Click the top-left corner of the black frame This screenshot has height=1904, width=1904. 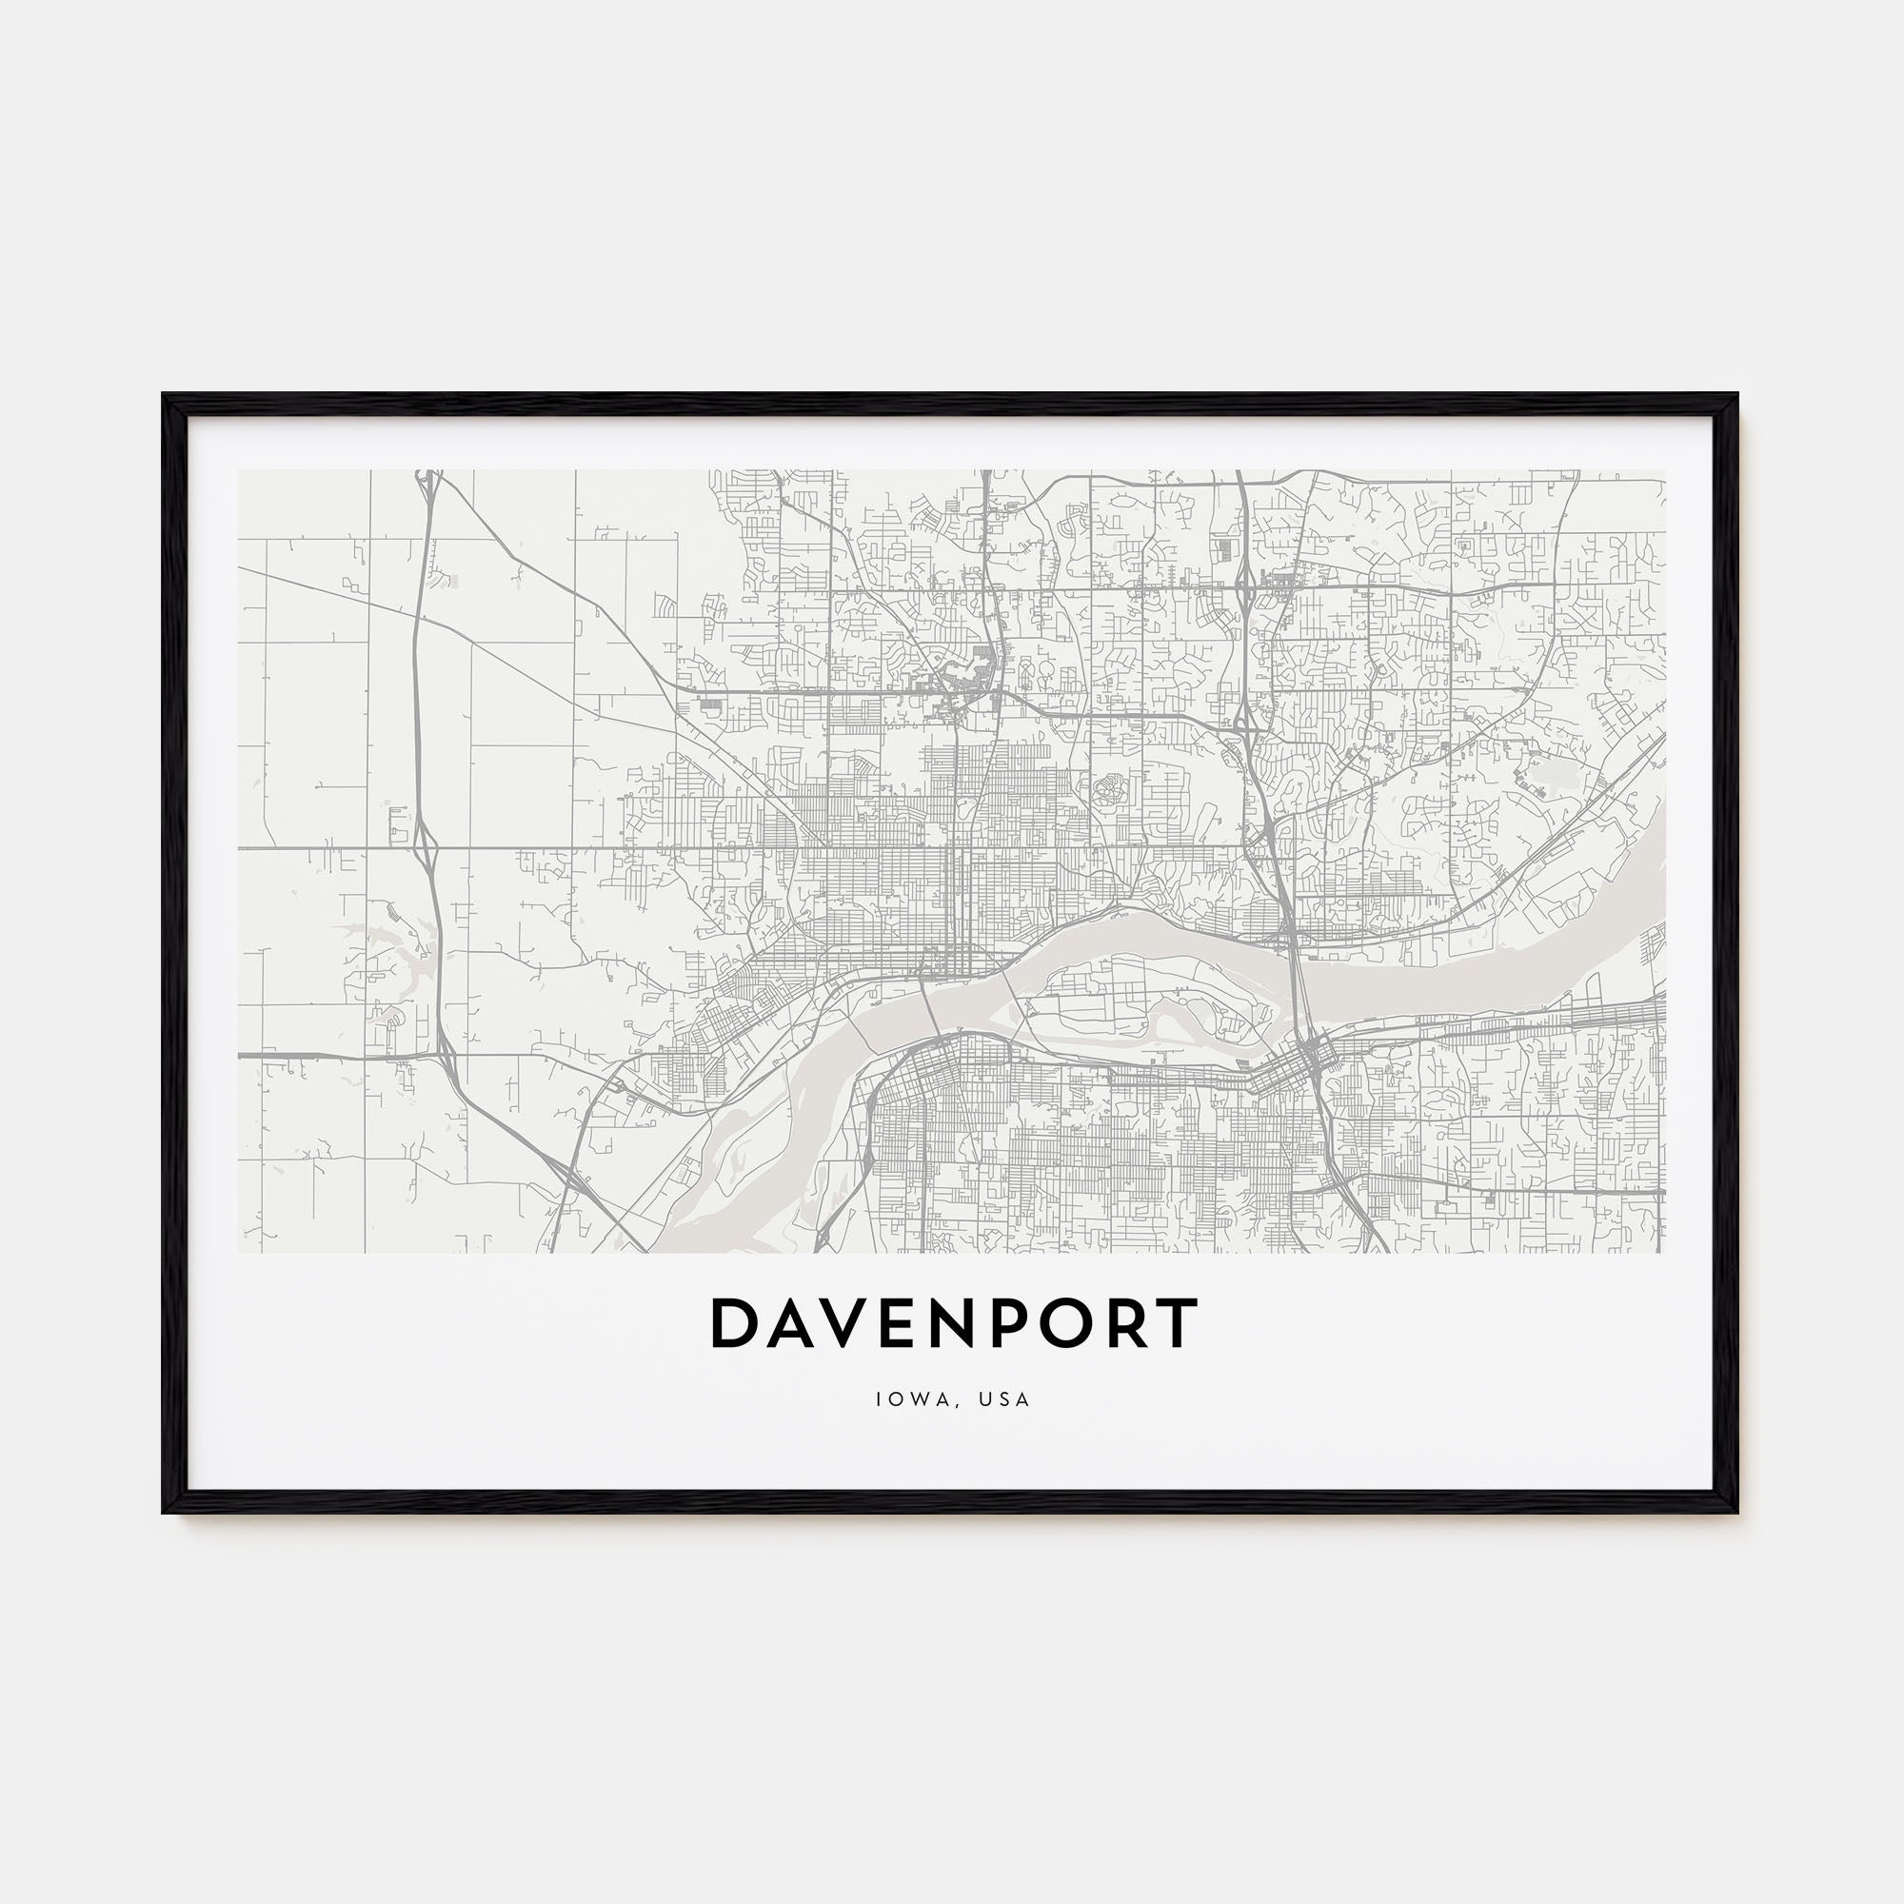coord(165,396)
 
